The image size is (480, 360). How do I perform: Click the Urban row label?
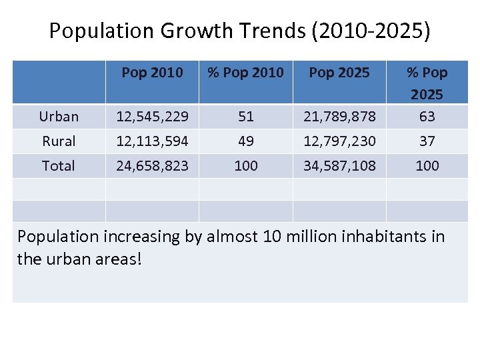click(59, 117)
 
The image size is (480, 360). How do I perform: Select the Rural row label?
click(59, 141)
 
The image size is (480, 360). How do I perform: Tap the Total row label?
click(59, 166)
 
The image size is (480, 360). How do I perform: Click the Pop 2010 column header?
click(152, 73)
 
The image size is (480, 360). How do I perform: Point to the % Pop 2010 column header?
click(245, 73)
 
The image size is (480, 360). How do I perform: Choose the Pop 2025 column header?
click(339, 73)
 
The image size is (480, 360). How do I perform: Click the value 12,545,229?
click(152, 117)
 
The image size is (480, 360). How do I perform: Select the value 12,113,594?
click(152, 141)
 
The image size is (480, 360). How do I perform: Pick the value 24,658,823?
click(152, 166)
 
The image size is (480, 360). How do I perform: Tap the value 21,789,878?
click(339, 117)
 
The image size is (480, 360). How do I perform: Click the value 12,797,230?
click(339, 141)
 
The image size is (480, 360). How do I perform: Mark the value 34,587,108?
click(339, 166)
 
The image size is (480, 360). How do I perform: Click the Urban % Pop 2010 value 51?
click(246, 117)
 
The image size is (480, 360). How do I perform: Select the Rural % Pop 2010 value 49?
click(246, 141)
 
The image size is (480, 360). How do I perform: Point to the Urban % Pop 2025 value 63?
click(427, 117)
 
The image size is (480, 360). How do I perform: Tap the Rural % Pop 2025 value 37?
click(427, 141)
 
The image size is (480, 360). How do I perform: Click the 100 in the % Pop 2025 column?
click(427, 166)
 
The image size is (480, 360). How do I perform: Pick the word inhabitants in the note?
click(379, 237)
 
